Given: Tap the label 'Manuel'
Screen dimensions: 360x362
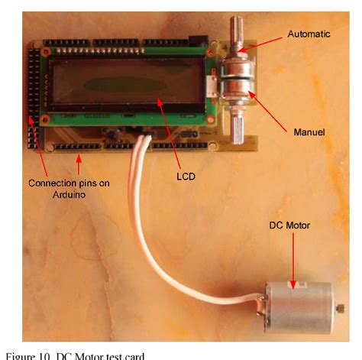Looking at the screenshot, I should click(x=310, y=132).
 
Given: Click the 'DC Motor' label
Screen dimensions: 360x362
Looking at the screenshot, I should click(x=290, y=225).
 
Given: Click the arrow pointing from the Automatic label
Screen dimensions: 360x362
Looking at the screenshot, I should click(x=263, y=43).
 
